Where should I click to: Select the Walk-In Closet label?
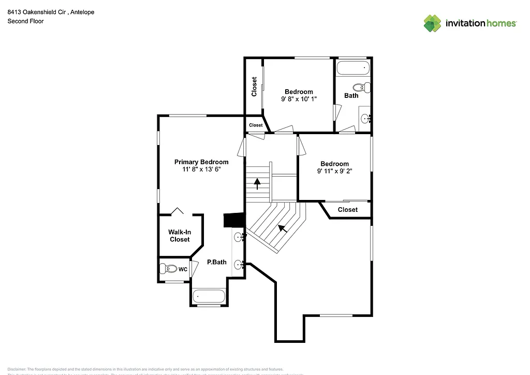[179, 236]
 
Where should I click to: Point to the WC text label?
[183, 269]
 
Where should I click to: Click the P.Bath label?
[217, 262]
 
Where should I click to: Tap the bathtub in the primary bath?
[209, 296]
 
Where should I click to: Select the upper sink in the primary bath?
[239, 238]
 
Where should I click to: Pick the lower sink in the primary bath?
[239, 265]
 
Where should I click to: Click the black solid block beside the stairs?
[233, 220]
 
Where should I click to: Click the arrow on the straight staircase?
[257, 182]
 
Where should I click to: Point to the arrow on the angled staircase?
[282, 228]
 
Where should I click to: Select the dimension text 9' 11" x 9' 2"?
[334, 171]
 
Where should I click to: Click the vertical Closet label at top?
[254, 86]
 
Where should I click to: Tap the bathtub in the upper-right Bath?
[352, 67]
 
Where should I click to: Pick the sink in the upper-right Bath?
[365, 118]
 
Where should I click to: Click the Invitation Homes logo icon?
[433, 23]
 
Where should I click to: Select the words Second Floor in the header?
[25, 21]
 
